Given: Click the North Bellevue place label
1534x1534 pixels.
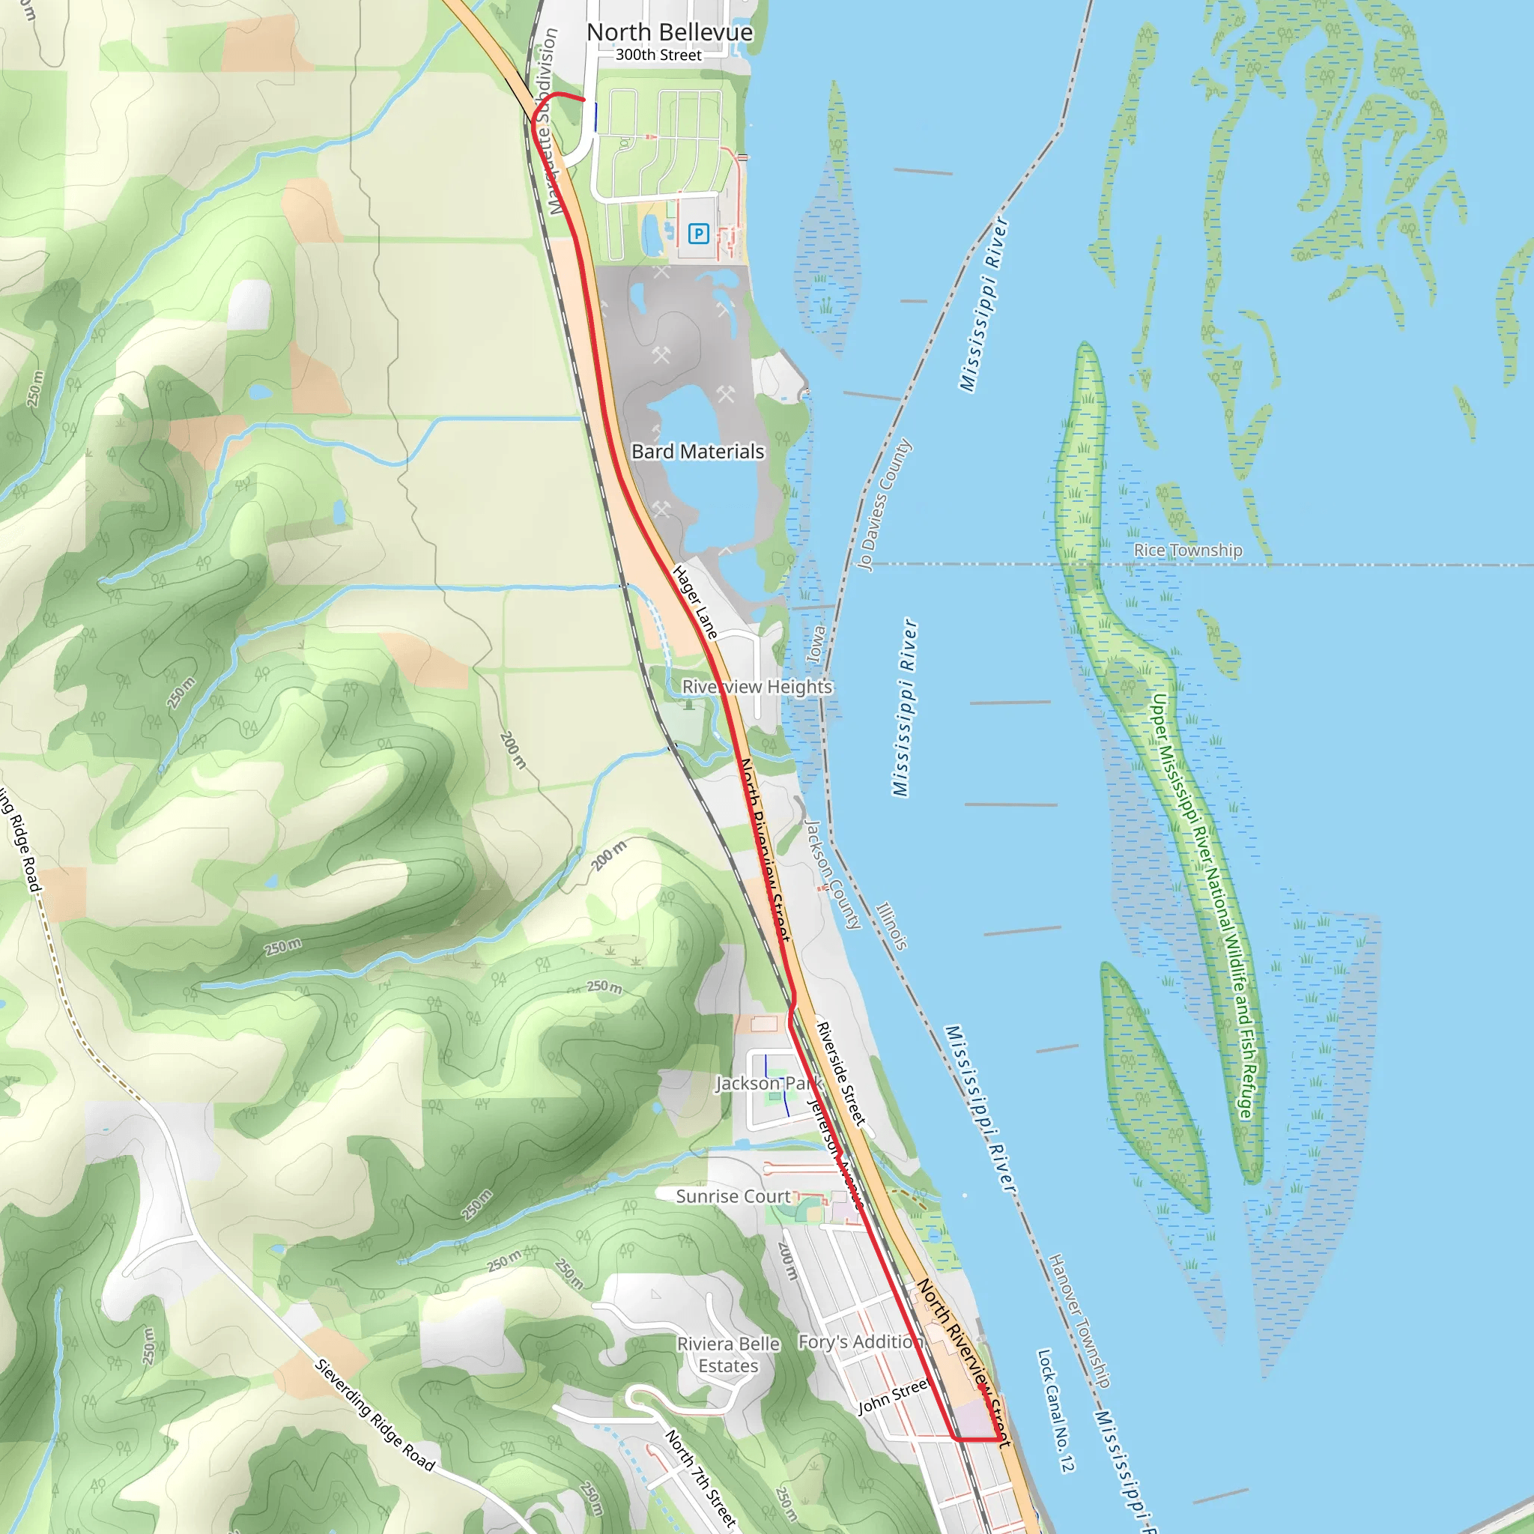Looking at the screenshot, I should (x=670, y=32).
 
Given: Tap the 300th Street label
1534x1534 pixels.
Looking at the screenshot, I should (x=658, y=55).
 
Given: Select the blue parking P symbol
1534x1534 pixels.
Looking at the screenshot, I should (x=698, y=234).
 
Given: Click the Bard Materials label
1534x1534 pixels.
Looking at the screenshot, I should (x=697, y=452).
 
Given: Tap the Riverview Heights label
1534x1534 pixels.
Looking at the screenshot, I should (x=757, y=687).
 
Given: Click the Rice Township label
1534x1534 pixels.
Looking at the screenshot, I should (x=1187, y=551).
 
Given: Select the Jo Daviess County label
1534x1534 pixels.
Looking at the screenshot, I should (x=884, y=505).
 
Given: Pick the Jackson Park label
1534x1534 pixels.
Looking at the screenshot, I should (x=768, y=1084).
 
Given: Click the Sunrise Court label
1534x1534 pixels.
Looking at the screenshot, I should (x=733, y=1196).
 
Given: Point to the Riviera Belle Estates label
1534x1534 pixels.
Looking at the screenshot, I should (x=728, y=1354).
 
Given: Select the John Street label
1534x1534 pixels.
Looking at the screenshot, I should (x=892, y=1398).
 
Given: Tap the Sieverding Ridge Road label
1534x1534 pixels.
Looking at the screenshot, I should (x=374, y=1415).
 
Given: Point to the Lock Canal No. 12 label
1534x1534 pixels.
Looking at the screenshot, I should (x=1055, y=1410).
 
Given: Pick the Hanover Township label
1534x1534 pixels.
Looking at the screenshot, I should (x=1079, y=1321).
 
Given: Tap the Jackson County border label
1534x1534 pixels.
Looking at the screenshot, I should (x=833, y=874).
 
